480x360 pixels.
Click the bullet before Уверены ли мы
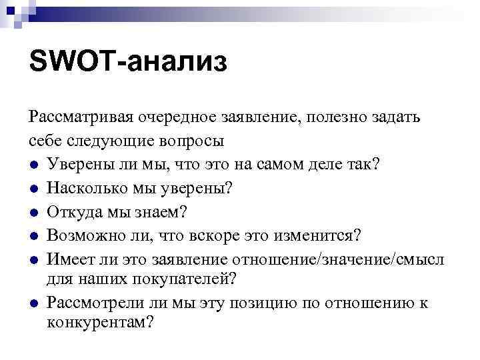point(34,165)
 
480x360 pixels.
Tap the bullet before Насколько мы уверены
point(34,189)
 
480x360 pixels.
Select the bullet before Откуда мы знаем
point(34,213)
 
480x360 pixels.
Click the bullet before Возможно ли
point(34,236)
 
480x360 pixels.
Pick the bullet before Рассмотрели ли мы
point(34,304)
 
